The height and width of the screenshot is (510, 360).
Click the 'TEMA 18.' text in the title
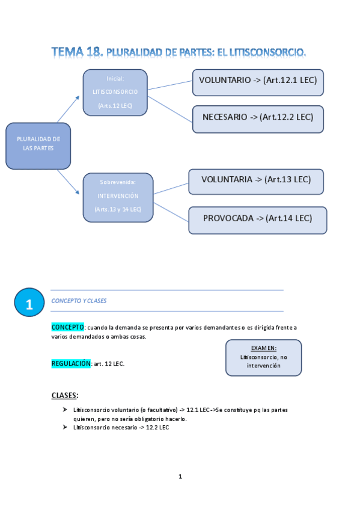click(77, 52)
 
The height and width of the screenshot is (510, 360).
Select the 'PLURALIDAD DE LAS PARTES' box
click(38, 146)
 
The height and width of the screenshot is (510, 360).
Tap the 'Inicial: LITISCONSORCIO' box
click(115, 92)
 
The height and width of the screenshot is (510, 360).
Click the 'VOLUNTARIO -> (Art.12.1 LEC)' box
click(258, 82)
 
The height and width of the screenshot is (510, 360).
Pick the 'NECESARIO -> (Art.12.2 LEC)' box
click(258, 118)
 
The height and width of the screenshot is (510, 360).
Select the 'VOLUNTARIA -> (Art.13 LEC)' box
click(255, 180)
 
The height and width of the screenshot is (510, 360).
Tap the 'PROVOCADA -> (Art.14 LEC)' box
click(257, 220)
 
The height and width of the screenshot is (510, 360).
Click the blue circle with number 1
click(29, 304)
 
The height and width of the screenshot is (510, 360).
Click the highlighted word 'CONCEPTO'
click(67, 327)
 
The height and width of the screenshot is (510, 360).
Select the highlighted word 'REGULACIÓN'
click(71, 363)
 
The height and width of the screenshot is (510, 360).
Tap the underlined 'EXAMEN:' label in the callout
click(263, 348)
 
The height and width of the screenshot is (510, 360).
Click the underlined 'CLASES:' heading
click(65, 395)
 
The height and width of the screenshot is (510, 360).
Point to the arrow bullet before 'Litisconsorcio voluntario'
click(64, 409)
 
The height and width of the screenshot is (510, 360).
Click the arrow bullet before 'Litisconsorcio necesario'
click(64, 426)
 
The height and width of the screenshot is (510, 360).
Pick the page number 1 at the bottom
click(180, 476)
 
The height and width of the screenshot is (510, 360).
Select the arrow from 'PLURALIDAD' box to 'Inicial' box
click(68, 109)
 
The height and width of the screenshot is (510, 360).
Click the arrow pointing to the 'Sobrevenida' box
click(69, 182)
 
